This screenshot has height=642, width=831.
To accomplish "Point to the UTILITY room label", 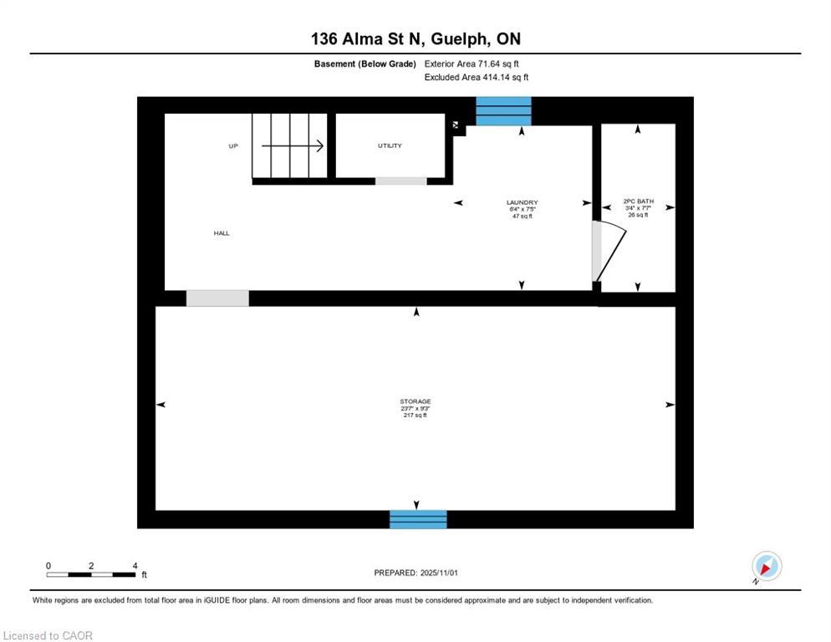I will point(390,145).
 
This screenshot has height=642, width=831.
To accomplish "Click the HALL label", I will point(222,233).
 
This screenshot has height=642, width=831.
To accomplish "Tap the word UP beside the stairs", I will point(233,146).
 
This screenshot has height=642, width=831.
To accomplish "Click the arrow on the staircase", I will point(293,146).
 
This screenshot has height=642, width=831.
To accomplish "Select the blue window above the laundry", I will point(503,110).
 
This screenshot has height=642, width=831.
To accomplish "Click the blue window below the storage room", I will point(418,519).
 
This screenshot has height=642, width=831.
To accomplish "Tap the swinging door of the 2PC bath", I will point(609,252).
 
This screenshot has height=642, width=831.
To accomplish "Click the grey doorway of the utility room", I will point(400,181).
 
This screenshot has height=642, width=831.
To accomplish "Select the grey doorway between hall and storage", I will point(217,298).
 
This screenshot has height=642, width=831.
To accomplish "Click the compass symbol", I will point(766,567).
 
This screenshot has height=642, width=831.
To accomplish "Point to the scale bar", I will point(91,574).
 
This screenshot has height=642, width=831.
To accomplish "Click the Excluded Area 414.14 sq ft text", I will point(477,77).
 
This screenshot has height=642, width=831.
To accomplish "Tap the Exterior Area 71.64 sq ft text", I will point(477,64).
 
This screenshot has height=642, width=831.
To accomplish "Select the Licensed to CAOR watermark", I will point(48,636).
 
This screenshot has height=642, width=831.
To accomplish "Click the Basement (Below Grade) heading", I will point(365,64).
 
